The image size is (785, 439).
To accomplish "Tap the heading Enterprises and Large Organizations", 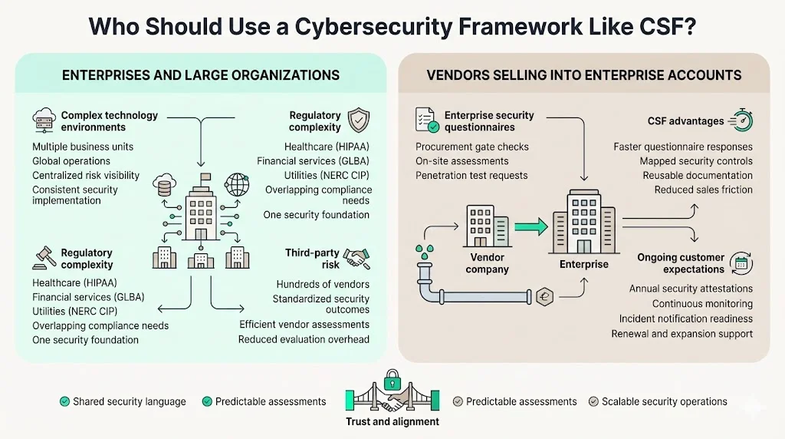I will click(x=201, y=75).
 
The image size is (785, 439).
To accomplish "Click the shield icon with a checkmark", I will click(x=358, y=120).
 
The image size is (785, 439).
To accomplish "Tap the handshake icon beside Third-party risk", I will click(x=357, y=259).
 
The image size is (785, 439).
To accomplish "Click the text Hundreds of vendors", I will click(x=323, y=284).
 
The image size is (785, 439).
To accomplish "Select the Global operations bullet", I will click(x=71, y=161).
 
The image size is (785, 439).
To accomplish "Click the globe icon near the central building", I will click(x=236, y=184).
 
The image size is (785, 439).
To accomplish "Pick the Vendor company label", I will click(x=487, y=264).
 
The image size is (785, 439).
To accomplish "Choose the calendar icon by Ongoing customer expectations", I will click(x=741, y=263).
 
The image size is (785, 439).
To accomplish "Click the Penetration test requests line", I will click(x=471, y=175).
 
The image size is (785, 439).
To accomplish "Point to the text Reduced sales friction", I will click(x=703, y=190).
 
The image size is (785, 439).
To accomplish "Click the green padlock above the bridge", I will click(x=392, y=379).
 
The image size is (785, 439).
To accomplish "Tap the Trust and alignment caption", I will click(x=392, y=421).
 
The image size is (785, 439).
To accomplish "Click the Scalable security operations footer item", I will click(x=664, y=401).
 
